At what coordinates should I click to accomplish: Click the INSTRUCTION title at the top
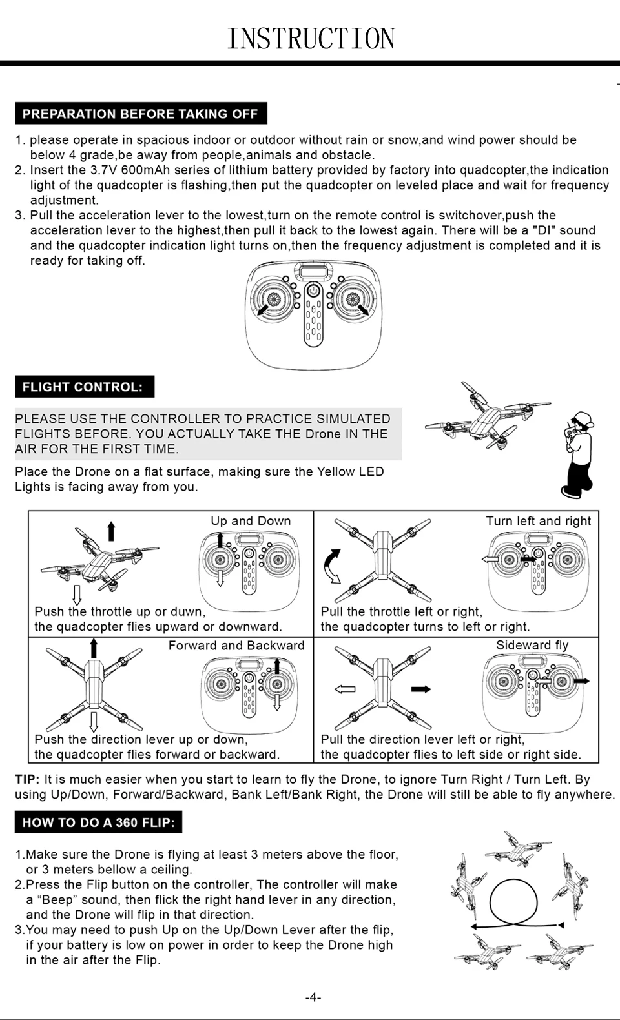(311, 38)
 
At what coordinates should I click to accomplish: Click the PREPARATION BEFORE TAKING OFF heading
(141, 114)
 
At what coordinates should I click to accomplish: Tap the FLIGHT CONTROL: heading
(85, 387)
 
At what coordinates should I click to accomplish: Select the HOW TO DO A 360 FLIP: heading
(98, 822)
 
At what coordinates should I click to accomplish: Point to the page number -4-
(313, 997)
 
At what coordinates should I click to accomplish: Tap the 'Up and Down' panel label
(251, 520)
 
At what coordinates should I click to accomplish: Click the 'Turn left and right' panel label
(539, 521)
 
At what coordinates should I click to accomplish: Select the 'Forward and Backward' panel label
(236, 645)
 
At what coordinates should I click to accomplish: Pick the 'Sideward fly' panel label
(532, 645)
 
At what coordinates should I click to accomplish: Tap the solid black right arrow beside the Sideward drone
(421, 689)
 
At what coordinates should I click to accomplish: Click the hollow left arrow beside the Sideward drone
(345, 689)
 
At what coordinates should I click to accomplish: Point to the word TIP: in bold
(27, 779)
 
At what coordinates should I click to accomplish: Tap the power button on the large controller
(313, 290)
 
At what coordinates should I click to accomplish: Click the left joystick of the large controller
(273, 299)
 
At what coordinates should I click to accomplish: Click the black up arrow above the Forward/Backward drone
(94, 648)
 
